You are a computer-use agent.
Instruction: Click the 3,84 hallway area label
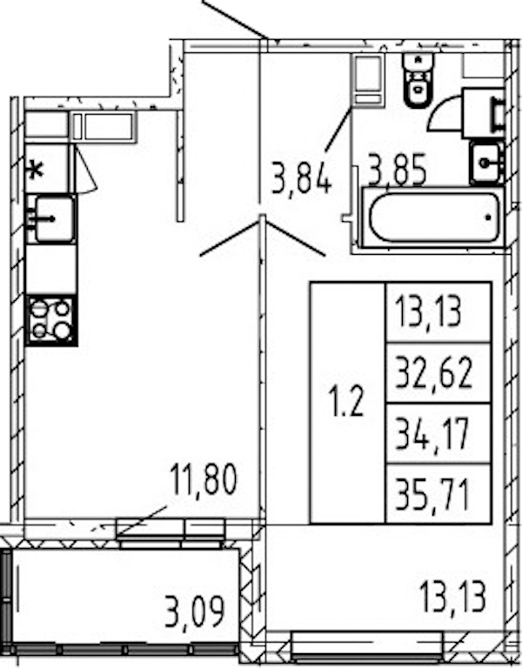(301, 180)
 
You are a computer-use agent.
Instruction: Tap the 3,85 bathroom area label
(397, 170)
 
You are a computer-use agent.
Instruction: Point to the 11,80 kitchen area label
(203, 480)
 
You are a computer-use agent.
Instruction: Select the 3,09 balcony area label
(194, 612)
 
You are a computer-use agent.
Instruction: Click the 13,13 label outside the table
(452, 598)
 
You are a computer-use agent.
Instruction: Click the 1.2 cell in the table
(348, 403)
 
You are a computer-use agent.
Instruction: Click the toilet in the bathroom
(418, 80)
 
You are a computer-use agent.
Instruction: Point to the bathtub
(433, 217)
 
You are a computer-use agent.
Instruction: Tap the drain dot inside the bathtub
(488, 217)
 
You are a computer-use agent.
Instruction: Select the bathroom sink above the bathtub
(486, 163)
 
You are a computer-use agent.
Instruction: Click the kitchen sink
(51, 218)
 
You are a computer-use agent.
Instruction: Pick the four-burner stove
(51, 320)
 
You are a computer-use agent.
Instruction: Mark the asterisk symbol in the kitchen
(36, 171)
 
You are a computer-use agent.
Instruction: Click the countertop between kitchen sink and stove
(51, 270)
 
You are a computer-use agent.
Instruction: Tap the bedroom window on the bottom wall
(367, 646)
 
